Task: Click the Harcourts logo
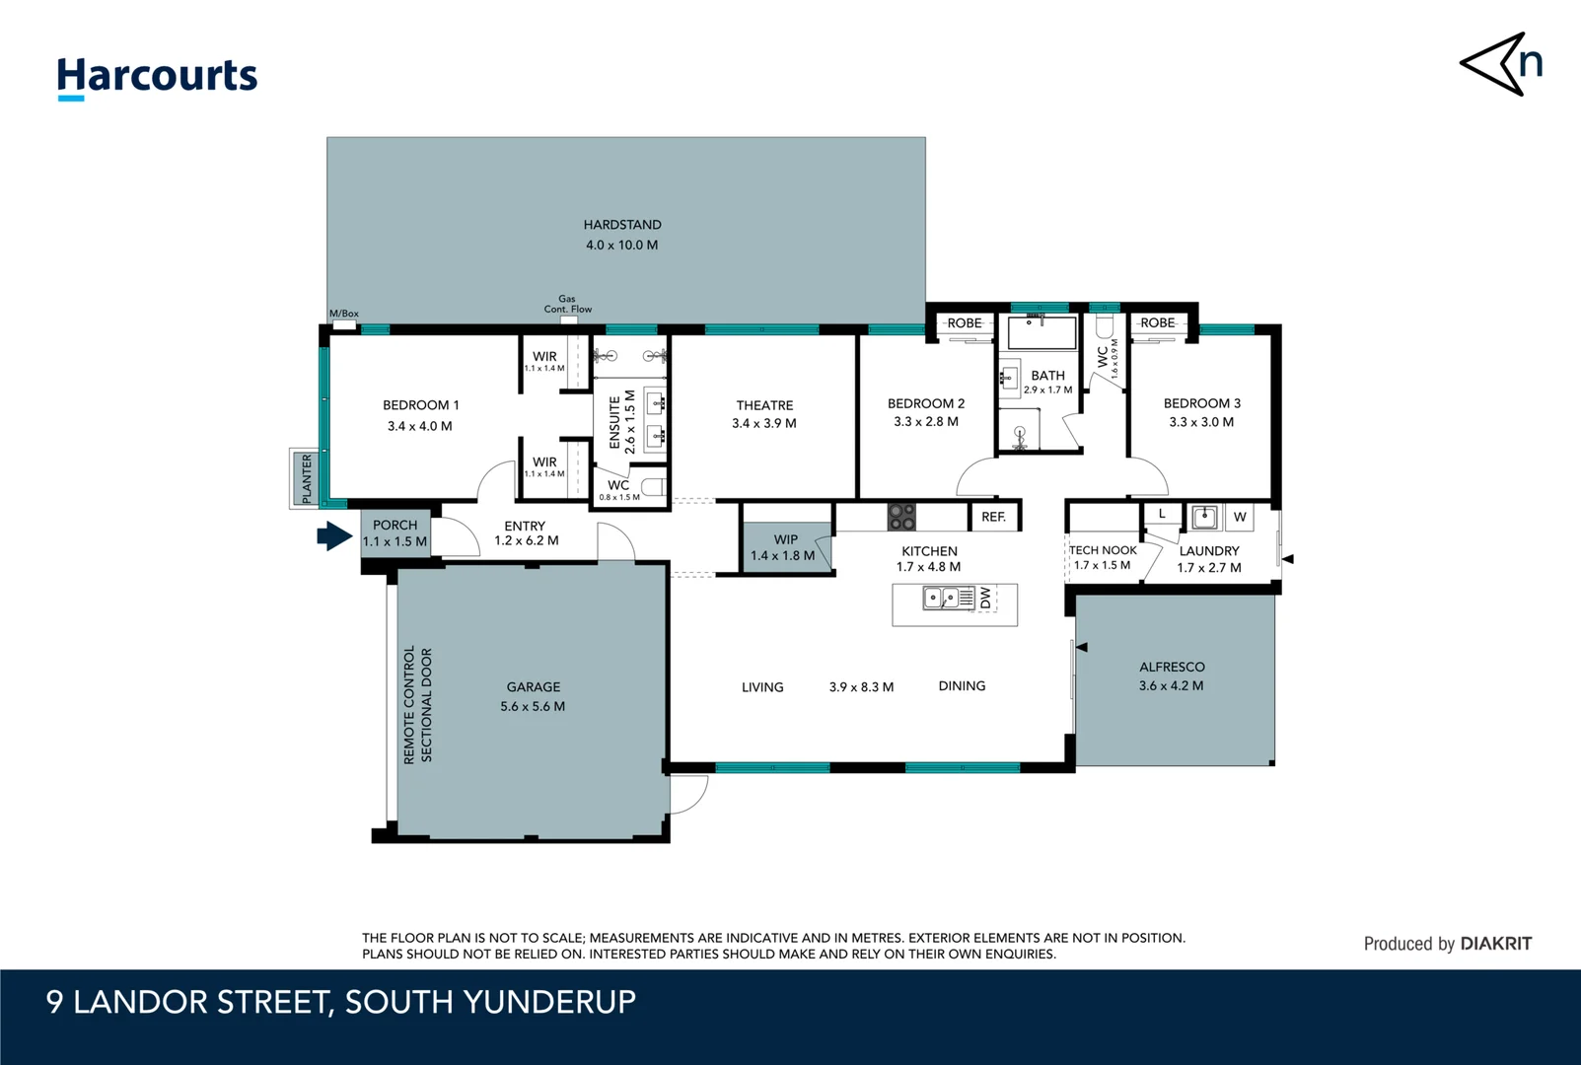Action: tap(157, 78)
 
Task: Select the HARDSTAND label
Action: tap(621, 225)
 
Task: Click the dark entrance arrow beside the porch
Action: tap(334, 536)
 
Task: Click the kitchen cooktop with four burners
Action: tap(901, 517)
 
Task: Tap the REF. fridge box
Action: tap(993, 517)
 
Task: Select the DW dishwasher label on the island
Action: tap(986, 599)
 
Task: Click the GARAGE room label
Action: tap(533, 686)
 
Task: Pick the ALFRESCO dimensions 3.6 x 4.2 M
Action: tap(1171, 685)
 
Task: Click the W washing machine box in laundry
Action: tap(1240, 517)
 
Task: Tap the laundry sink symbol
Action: tap(1204, 517)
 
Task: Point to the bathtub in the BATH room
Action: tap(1042, 332)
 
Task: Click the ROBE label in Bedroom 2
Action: tap(965, 323)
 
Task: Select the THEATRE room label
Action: tap(764, 405)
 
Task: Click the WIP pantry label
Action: tap(785, 539)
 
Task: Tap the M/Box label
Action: tap(344, 314)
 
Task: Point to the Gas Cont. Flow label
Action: tap(567, 304)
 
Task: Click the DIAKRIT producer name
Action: tap(1495, 944)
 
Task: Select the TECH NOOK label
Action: tap(1103, 550)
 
